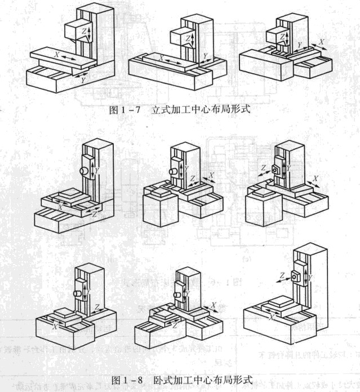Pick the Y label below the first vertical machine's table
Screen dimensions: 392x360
(x=83, y=81)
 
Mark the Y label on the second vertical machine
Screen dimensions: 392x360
(x=205, y=56)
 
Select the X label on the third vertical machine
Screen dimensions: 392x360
(x=321, y=42)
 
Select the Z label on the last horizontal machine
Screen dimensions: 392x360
(x=281, y=275)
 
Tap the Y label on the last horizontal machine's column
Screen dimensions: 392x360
(x=310, y=278)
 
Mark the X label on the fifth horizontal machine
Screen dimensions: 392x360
(x=214, y=305)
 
